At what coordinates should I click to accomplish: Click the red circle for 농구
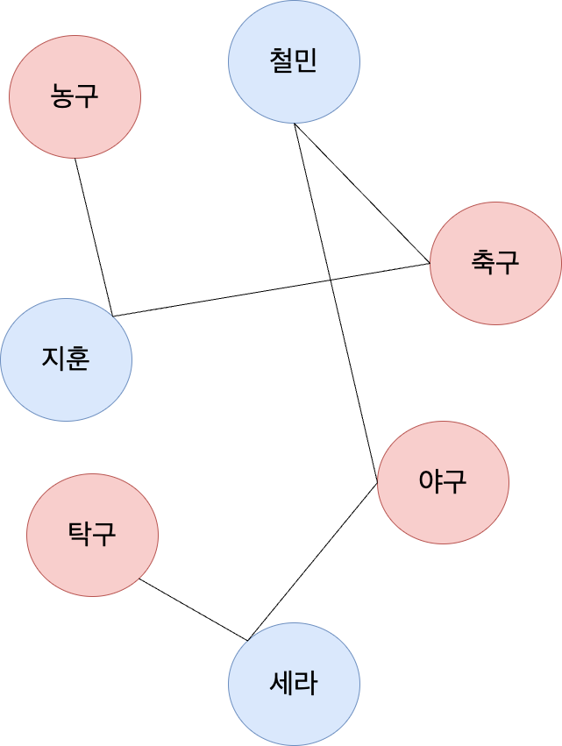coord(75,96)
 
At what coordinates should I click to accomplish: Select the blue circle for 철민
coord(294,61)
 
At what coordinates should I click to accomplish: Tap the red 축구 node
coord(495,263)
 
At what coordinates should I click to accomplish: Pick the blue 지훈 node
coord(66,359)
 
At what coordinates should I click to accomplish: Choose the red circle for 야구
coord(443,482)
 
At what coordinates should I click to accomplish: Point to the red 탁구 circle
coord(92,535)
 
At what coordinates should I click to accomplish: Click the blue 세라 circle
coord(294,684)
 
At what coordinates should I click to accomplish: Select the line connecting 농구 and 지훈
coord(93,237)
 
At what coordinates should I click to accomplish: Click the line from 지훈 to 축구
coord(219,298)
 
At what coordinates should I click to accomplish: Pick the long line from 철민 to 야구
coord(351,368)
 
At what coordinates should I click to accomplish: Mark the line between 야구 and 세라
coord(313,561)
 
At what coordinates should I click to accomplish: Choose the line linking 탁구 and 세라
coord(193,609)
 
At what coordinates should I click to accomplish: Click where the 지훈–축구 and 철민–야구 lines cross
coord(331,279)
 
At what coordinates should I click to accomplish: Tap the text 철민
coord(294,61)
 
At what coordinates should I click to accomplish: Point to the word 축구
coord(495,263)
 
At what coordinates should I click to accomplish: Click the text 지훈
coord(66,359)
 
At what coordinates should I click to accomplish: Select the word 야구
coord(443,482)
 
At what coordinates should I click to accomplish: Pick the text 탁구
coord(92,535)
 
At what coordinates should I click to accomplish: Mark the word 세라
coord(294,684)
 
